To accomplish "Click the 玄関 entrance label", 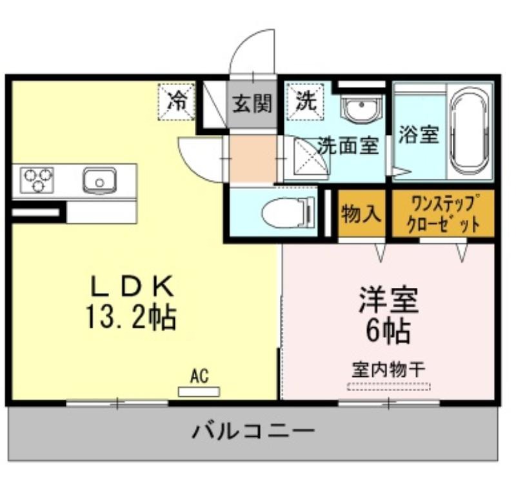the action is (252, 103).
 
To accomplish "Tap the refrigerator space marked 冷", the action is (177, 102).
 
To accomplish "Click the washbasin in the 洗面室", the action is (361, 108).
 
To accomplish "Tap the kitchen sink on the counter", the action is (99, 181).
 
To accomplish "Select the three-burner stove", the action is (37, 180).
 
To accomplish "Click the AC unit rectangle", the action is (199, 392).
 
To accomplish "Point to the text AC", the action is (199, 376).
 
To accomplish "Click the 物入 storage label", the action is (361, 214).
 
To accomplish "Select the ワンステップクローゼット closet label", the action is (443, 214).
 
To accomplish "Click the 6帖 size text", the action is (388, 330).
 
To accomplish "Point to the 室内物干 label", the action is (388, 370).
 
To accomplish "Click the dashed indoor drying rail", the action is (389, 387).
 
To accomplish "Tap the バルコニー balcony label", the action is (253, 431).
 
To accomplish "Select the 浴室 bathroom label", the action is (419, 134).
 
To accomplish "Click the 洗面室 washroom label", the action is (348, 145).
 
